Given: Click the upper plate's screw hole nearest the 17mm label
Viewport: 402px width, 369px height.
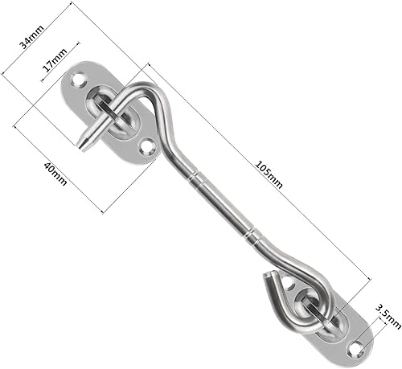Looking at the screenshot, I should pos(80,80).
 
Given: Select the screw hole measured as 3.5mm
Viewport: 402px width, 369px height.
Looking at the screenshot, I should pos(354,347).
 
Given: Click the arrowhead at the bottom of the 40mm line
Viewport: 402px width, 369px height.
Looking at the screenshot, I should pos(103,211).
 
